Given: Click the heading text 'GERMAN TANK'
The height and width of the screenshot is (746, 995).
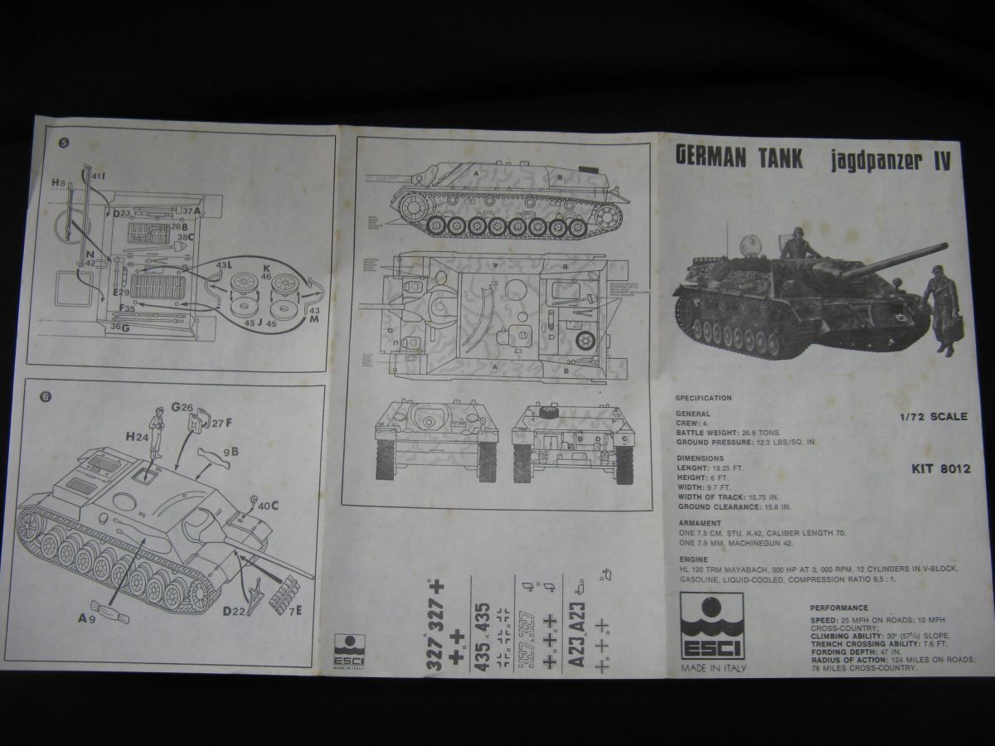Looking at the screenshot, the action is tap(739, 157).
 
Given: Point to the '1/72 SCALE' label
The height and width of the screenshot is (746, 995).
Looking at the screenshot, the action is tap(934, 417).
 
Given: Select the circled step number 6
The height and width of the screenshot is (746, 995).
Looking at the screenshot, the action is tap(46, 395).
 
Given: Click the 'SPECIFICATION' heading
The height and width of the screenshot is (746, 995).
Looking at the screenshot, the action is tap(703, 398).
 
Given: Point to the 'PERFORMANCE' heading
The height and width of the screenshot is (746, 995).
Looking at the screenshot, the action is tap(839, 608).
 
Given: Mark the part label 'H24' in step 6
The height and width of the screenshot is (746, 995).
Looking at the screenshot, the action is tap(136, 436).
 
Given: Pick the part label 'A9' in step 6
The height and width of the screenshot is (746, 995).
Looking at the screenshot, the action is tap(85, 618).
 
